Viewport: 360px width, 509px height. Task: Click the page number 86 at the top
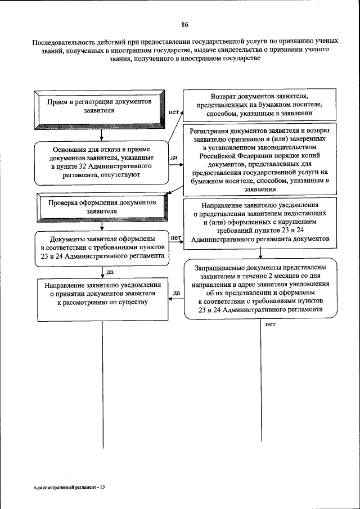click(x=184, y=24)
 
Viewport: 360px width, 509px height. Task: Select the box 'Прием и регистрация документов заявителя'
click(x=102, y=107)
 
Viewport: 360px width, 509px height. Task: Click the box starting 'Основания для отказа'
click(x=102, y=163)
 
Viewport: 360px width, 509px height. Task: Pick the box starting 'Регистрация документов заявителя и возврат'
click(x=259, y=159)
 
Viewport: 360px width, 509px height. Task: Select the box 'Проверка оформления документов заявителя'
click(x=102, y=207)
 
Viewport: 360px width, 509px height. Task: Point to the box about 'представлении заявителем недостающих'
click(x=259, y=222)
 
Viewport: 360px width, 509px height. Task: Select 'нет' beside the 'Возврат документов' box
click(x=174, y=112)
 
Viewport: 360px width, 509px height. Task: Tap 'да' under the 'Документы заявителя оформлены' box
click(x=110, y=272)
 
